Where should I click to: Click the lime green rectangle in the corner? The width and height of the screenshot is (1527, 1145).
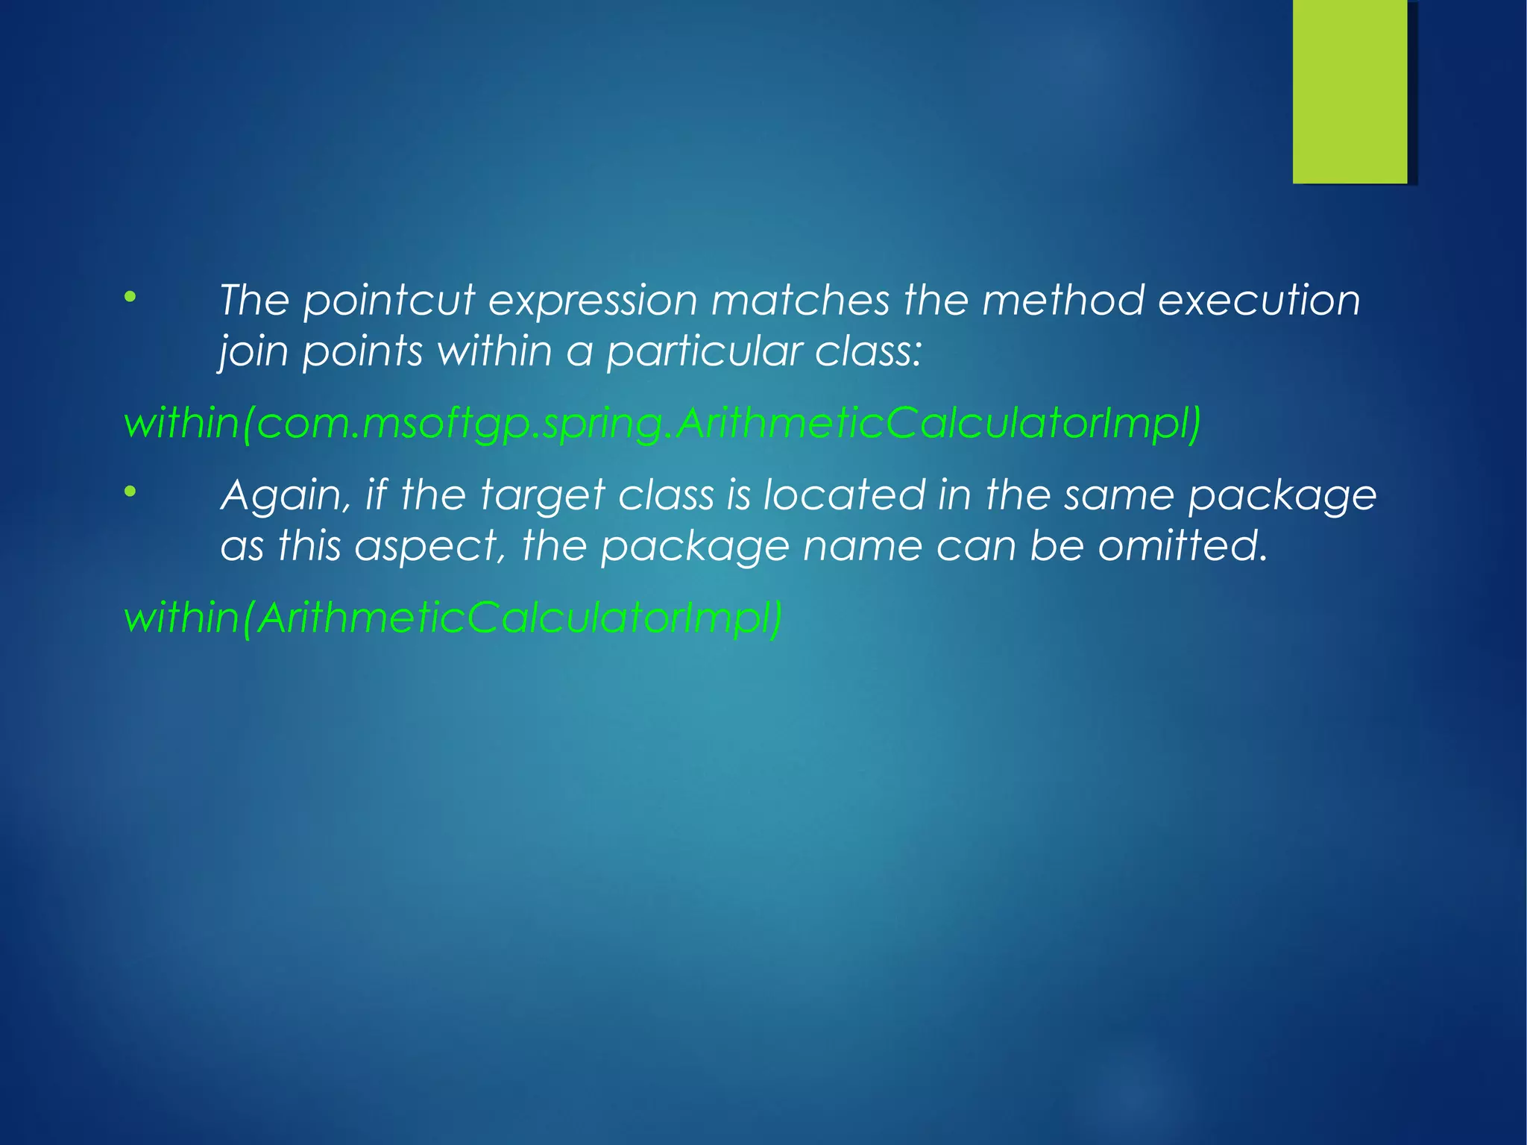tap(1350, 91)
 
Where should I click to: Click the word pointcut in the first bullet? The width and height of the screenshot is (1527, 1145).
tap(388, 301)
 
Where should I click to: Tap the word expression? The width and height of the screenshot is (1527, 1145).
tap(593, 301)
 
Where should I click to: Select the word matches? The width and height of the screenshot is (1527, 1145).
tap(800, 300)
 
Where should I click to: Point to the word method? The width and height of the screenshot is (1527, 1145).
tap(1062, 300)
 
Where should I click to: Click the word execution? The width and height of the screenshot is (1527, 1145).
tap(1259, 300)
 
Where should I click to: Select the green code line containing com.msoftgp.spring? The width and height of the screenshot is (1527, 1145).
tap(662, 424)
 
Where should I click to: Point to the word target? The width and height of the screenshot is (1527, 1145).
tap(542, 496)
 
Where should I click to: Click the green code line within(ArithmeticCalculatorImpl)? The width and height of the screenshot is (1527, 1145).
tap(453, 618)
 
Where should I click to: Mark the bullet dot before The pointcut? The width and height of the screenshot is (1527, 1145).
tap(130, 297)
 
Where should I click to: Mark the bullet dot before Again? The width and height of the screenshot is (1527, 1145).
tap(130, 492)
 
